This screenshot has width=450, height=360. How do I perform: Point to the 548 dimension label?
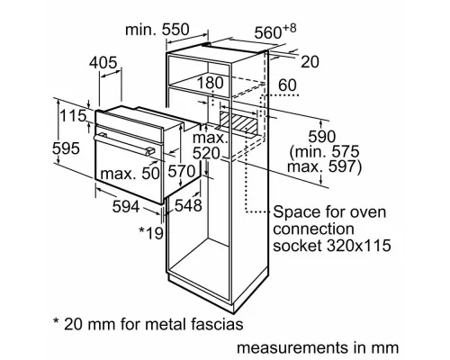pos(188,206)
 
